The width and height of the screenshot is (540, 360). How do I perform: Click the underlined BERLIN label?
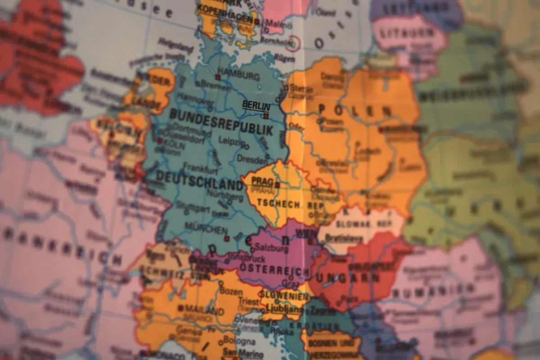tap(256, 105)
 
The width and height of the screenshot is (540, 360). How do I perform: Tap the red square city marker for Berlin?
tap(266, 116)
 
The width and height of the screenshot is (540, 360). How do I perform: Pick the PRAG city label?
tap(262, 181)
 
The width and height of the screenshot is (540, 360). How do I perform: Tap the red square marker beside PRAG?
tap(277, 185)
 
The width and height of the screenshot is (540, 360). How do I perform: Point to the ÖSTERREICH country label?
tap(274, 270)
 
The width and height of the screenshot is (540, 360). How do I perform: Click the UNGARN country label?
tap(347, 277)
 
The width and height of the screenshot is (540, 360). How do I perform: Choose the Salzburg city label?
tap(271, 248)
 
